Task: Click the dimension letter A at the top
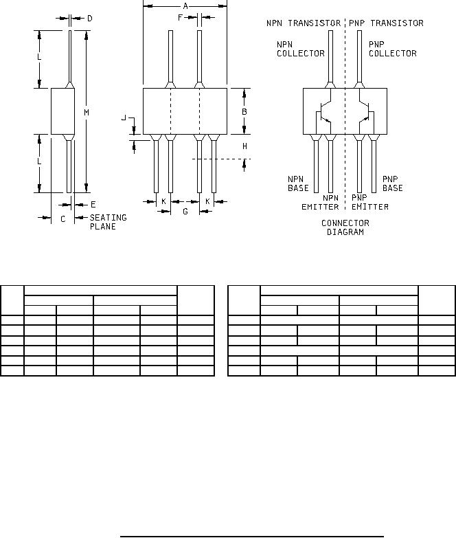tap(185, 5)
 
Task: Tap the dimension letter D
tap(90, 18)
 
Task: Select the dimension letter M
tap(87, 112)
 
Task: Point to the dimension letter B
tap(244, 111)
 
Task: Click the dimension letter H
tap(244, 146)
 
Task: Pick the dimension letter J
tap(124, 118)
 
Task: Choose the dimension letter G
tap(185, 212)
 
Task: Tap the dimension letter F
tap(181, 17)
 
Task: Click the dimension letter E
tap(93, 205)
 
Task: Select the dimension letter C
tap(62, 219)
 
